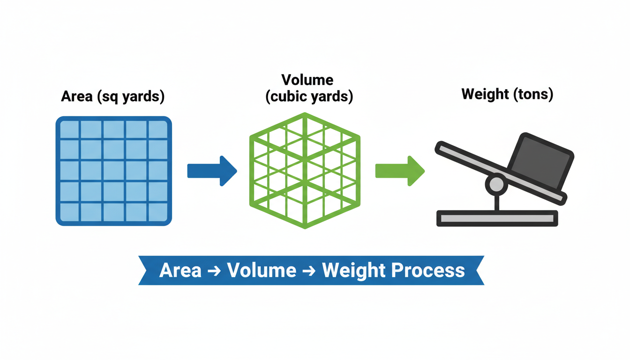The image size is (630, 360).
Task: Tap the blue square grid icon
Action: coord(114,171)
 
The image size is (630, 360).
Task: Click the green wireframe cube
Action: coord(305,171)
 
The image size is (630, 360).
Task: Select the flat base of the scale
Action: coord(497,218)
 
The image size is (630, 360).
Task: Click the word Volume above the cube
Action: coord(307,80)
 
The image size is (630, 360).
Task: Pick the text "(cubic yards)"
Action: coord(309,97)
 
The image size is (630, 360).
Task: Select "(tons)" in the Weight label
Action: coord(533,94)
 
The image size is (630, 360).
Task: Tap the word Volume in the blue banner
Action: coord(262,270)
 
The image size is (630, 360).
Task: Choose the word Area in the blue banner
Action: coord(180,270)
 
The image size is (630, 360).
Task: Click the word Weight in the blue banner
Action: coord(354,270)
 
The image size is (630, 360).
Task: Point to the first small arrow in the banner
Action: coord(214,271)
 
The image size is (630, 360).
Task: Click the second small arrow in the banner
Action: coord(309,271)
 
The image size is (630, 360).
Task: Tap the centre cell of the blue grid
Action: coord(114,171)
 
